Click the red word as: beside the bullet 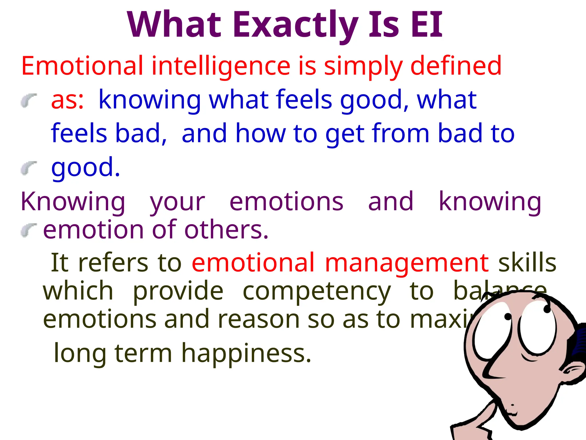pos(68,100)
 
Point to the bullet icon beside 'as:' pos(29,100)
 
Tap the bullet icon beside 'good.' pos(29,168)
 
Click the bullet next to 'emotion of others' pos(29,230)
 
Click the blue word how pos(260,133)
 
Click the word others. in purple pos(226,230)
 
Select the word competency pos(316,292)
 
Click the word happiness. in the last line pos(246,353)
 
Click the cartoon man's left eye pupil pos(508,317)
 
